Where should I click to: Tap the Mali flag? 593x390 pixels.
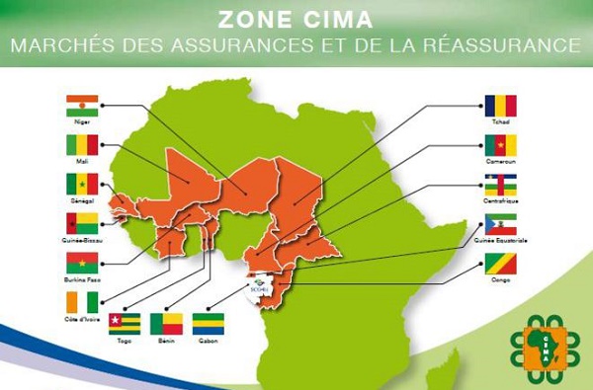click(82, 145)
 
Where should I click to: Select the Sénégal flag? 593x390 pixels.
click(82, 184)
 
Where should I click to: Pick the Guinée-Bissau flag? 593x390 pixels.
click(82, 223)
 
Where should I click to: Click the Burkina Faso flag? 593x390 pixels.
click(82, 262)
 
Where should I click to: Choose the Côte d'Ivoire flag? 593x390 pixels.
click(82, 301)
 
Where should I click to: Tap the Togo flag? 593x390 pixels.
click(124, 324)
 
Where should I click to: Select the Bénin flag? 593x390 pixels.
click(165, 324)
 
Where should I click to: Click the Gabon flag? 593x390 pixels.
click(208, 324)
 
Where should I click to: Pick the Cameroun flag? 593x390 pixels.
click(500, 145)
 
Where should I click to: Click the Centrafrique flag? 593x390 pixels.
click(500, 185)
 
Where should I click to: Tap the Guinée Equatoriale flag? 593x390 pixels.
click(500, 224)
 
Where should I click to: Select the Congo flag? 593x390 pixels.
click(500, 263)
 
